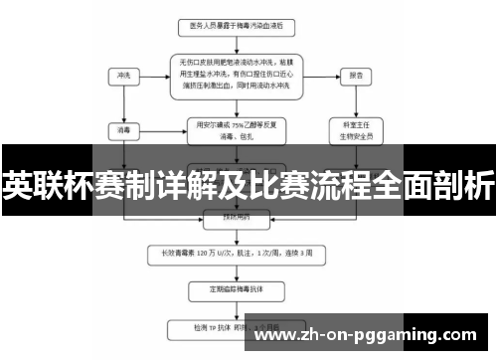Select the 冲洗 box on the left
click(123, 75)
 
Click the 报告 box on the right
click(355, 75)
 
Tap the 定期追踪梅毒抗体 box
click(238, 289)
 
